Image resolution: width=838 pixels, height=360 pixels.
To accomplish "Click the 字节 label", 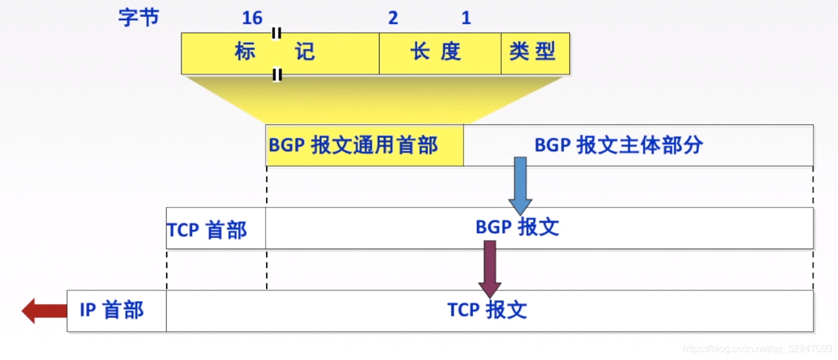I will pos(139,17).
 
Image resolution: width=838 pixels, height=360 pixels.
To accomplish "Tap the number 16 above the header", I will pos(252,18).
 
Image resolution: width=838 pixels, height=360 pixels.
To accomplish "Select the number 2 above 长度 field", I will pos(393,18).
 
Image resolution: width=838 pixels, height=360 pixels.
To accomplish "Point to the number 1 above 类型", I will pos(466,18).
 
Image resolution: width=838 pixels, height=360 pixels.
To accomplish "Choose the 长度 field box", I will pos(440,53).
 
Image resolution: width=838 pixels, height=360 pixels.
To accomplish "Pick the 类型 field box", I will pos(535,53).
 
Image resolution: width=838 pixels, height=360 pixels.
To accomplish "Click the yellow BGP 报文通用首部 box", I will pos(364,145).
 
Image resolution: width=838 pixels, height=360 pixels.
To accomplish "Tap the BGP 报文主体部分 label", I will pos(619,145).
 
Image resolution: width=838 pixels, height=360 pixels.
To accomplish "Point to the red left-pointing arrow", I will pos(44,311).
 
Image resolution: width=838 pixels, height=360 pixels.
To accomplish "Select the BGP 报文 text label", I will pos(517,228).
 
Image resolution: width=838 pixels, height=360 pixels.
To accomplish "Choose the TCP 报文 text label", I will pos(487,310).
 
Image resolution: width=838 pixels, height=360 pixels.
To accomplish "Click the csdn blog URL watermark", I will pos(757,349).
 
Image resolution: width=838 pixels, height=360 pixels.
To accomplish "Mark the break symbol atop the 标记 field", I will pos(276,33).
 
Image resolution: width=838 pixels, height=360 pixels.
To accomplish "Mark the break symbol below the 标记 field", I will pos(277,75).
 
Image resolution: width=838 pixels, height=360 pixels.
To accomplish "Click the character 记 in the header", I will pos(305,52).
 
